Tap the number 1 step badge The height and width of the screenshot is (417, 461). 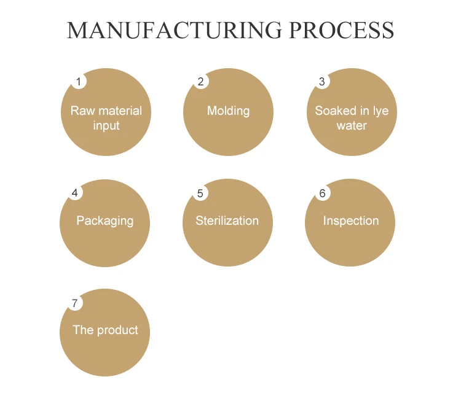[78, 82]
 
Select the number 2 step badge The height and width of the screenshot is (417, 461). [200, 82]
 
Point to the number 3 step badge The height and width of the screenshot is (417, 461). [322, 82]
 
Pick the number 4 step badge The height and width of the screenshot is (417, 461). [75, 193]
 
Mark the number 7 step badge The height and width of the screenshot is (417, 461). [75, 303]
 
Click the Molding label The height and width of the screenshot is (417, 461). [228, 111]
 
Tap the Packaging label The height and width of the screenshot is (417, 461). [104, 221]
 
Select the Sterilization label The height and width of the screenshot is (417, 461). [227, 221]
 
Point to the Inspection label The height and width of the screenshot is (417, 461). [351, 221]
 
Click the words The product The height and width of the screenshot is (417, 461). [105, 330]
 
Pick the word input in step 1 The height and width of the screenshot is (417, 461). [106, 126]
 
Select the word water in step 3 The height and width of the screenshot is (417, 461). [352, 126]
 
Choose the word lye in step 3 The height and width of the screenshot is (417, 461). [380, 111]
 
